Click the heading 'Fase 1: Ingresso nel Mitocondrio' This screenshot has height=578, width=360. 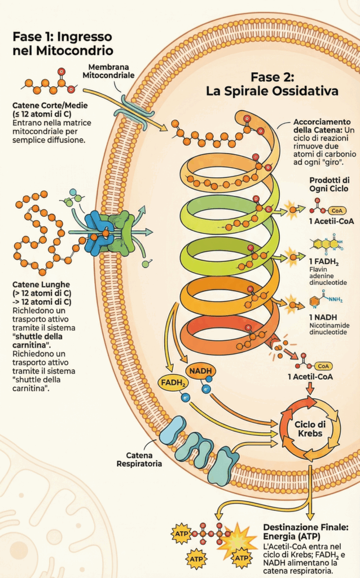coord(62,43)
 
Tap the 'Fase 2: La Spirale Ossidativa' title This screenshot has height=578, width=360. coord(275,84)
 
